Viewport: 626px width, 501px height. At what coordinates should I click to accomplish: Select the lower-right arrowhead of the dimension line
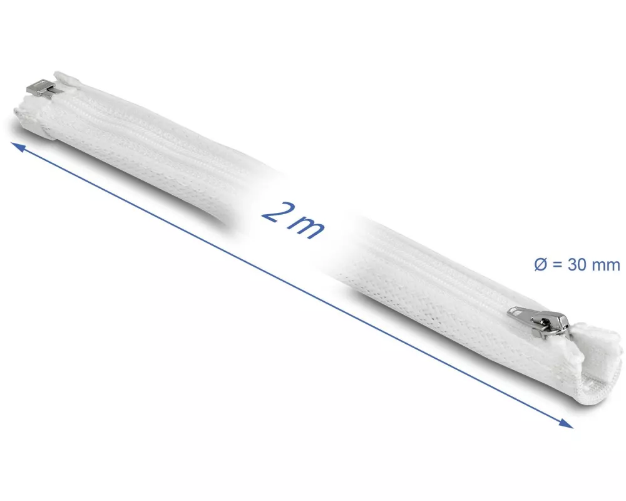coord(565,423)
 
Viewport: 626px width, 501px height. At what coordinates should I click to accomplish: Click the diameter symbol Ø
coord(540,264)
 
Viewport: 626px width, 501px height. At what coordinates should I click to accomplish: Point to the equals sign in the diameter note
coord(557,265)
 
